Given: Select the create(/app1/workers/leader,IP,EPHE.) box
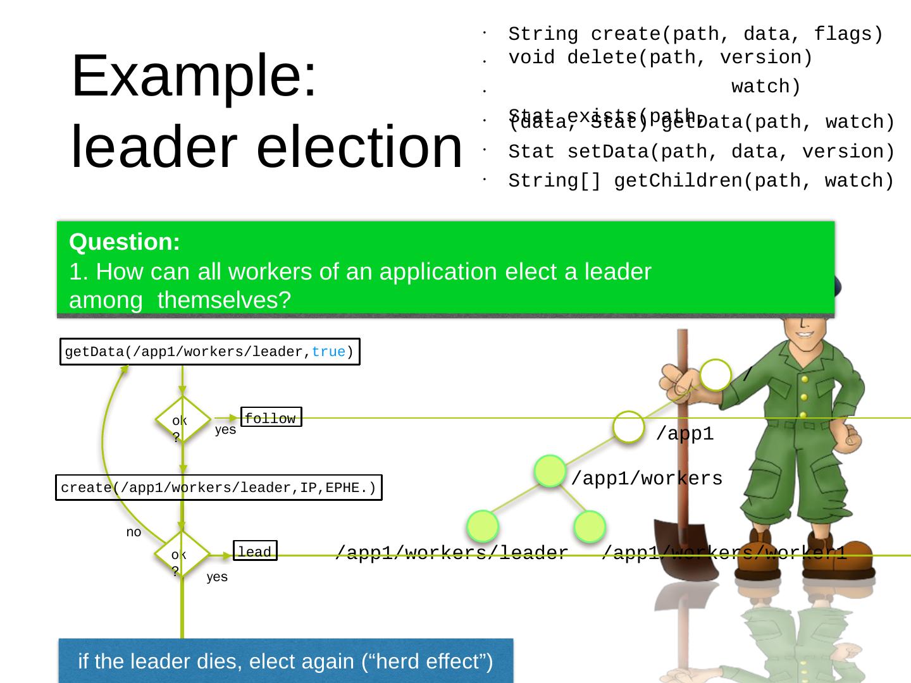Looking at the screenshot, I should [218, 488].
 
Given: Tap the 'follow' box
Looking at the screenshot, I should [271, 418].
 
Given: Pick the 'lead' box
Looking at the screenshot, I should [254, 552].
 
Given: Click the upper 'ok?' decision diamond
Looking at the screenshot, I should [182, 419].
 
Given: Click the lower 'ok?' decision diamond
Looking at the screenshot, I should [182, 553].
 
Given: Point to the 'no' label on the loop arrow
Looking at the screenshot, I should [133, 532].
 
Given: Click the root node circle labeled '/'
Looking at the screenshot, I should [716, 375].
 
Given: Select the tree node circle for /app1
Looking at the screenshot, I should [629, 427].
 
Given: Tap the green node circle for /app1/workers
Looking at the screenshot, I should [549, 471].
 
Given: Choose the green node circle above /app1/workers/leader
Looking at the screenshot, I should [483, 526].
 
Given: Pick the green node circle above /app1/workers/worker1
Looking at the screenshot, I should [590, 526].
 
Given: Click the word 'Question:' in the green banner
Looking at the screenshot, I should [125, 242].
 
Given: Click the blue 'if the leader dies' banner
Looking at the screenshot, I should [285, 661].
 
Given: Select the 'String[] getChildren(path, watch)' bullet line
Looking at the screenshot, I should [700, 181].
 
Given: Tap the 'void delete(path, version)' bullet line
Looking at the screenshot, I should [660, 58].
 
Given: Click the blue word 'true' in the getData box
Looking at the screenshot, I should [328, 352].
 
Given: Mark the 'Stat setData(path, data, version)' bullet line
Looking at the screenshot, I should [700, 152].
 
